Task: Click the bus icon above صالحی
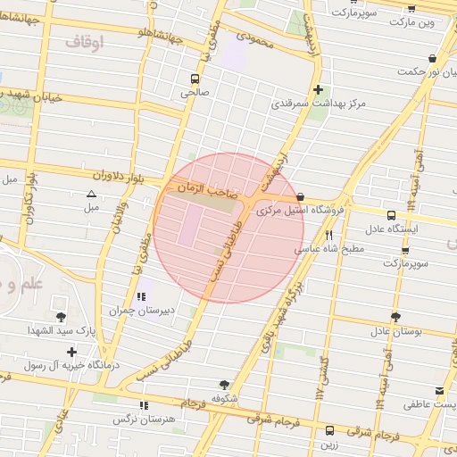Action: click(x=195, y=79)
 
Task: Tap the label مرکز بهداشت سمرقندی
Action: click(x=320, y=104)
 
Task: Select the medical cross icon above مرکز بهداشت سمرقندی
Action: click(x=319, y=89)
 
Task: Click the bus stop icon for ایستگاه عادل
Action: click(x=391, y=215)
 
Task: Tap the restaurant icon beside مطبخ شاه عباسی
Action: click(x=329, y=235)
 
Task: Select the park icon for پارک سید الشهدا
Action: click(x=60, y=317)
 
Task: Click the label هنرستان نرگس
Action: click(x=143, y=419)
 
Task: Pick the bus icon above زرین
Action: click(x=330, y=429)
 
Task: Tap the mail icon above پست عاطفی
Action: click(x=438, y=391)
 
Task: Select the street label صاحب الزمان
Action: click(x=207, y=189)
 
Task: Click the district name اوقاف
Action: click(x=85, y=40)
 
